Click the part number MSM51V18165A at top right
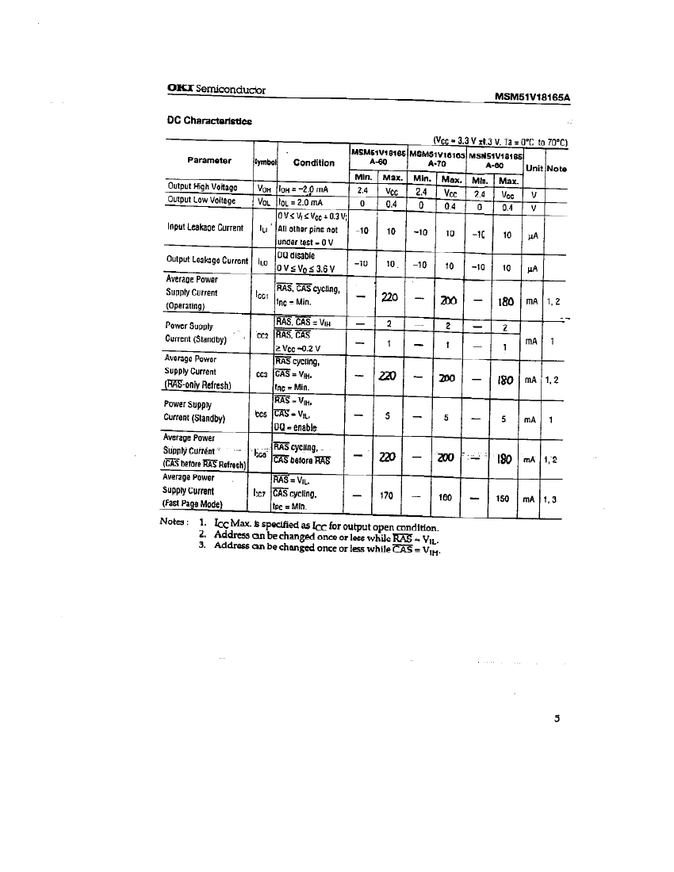tap(533, 98)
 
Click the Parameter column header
tap(209, 160)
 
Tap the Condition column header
tap(314, 163)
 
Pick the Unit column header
tap(534, 168)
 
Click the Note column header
tap(557, 168)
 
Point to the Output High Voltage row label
tap(203, 187)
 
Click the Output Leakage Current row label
tap(207, 260)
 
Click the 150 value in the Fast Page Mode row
tap(501, 499)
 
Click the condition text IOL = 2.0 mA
tap(302, 202)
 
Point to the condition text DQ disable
tap(296, 255)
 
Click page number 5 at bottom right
tap(557, 719)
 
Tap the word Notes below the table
tap(174, 522)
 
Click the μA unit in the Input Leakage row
tap(533, 235)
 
